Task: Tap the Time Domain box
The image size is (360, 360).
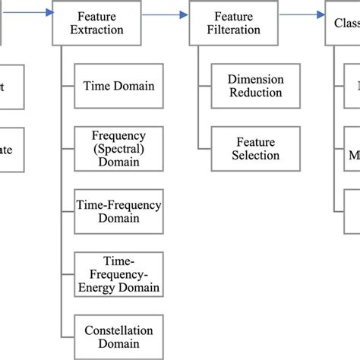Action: [x=118, y=85]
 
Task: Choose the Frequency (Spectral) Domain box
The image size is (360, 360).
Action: [x=118, y=148]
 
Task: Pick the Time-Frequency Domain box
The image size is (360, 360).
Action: [x=118, y=211]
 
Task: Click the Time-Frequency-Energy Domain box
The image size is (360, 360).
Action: [x=118, y=275]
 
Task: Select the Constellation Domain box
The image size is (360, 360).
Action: [x=118, y=337]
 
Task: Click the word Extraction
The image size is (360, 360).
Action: [x=99, y=30]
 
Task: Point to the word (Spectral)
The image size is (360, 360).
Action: [x=118, y=148]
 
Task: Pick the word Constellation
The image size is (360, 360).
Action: [x=118, y=330]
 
